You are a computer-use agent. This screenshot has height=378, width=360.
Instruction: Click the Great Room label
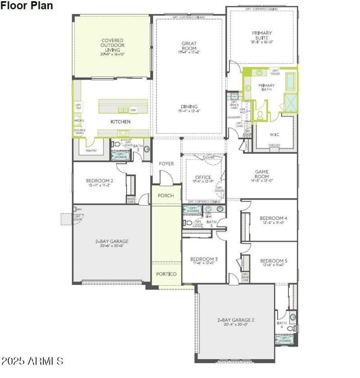[189, 46]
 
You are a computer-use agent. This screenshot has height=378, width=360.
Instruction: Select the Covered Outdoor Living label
[112, 45]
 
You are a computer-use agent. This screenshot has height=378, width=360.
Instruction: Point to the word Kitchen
[121, 122]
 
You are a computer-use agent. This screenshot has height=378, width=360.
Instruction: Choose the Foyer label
[166, 164]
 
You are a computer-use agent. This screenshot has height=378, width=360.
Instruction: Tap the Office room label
[203, 178]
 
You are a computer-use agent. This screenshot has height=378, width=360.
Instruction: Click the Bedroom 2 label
[99, 181]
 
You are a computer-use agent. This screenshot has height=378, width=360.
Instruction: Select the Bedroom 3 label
[204, 259]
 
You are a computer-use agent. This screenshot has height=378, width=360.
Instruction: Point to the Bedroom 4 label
[274, 219]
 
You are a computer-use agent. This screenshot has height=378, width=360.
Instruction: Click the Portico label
[166, 274]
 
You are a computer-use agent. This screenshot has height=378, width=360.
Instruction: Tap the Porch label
[166, 196]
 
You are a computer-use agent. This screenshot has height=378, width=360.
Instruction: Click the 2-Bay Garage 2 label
[236, 320]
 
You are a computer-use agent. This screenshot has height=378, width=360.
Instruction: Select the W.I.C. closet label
[275, 134]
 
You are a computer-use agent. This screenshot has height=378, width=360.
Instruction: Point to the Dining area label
[189, 107]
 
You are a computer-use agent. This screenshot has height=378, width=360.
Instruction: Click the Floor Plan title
[27, 6]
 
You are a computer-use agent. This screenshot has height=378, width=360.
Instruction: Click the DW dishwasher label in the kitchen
[133, 110]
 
